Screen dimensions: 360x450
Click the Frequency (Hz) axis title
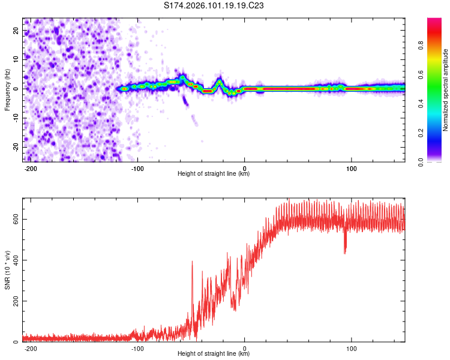point(7,90)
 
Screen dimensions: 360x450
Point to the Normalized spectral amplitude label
point(446,90)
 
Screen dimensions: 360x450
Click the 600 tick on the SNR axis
point(14,220)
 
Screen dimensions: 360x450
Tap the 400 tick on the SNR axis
point(14,260)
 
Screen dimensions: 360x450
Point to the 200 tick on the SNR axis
point(14,301)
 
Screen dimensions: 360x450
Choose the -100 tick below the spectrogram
point(137,168)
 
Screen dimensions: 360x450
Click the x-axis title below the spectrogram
point(214,174)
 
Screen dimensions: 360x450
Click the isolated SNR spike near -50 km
point(192,262)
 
